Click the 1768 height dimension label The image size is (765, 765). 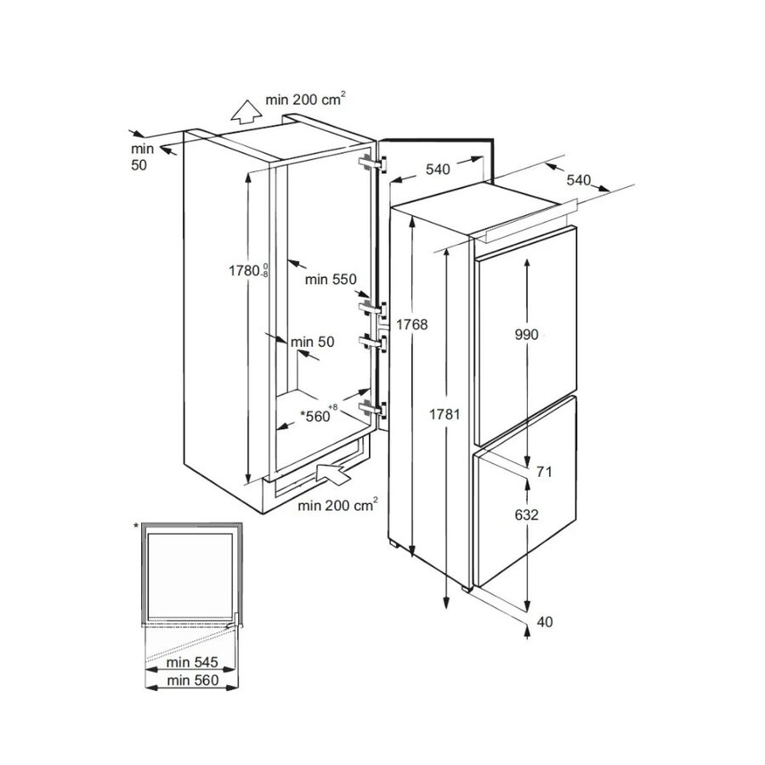411,325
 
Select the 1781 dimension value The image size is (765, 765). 445,414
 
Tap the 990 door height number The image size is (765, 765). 526,335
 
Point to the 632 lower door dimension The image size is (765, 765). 526,515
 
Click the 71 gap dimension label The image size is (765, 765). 544,472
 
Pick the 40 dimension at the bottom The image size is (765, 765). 545,622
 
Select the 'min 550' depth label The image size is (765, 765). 331,280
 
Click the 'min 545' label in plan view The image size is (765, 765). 192,662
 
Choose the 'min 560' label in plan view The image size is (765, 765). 193,680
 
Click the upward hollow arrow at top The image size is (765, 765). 246,111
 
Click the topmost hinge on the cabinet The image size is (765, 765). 373,164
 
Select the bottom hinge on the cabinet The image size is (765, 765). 373,409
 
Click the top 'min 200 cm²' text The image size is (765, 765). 305,99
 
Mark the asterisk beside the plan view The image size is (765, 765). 136,525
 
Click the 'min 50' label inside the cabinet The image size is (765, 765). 312,342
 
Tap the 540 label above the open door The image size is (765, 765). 438,169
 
